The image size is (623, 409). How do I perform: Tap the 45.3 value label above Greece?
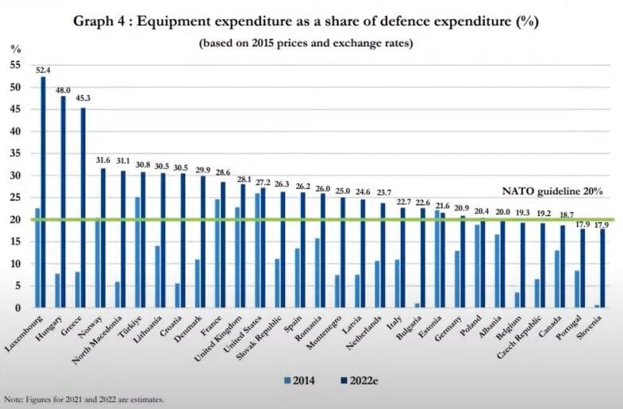click(83, 98)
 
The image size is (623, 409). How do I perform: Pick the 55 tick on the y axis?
click(15, 65)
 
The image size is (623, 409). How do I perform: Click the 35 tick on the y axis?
click(15, 153)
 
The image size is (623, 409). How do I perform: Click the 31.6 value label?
click(103, 159)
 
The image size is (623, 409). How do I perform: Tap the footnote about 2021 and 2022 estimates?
click(83, 399)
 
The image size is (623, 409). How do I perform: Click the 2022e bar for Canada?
click(563, 267)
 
